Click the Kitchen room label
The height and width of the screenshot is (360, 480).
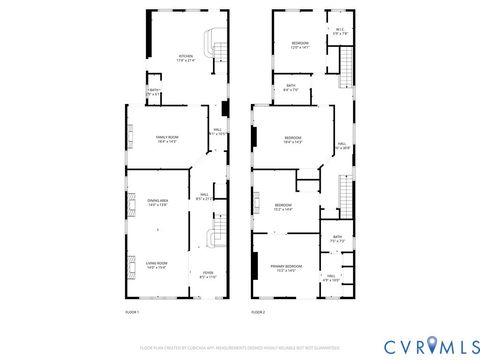[185, 57]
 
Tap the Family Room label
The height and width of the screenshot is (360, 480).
[165, 138]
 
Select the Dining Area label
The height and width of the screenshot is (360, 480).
[157, 203]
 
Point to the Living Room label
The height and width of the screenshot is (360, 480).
[157, 265]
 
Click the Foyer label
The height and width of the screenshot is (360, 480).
[207, 275]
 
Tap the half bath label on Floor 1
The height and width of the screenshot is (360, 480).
[153, 93]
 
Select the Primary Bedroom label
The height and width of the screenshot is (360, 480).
[286, 267]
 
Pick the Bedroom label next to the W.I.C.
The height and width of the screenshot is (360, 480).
[300, 45]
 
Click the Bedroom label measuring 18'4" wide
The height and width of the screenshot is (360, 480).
[292, 139]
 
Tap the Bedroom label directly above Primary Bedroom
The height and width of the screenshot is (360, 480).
[284, 207]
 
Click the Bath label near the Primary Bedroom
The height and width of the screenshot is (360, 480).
[337, 239]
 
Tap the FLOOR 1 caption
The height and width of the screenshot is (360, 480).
[132, 313]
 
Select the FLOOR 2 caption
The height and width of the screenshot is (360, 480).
[258, 313]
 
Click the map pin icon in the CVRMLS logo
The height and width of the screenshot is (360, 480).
[433, 345]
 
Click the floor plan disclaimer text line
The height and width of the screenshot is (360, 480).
[240, 347]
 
